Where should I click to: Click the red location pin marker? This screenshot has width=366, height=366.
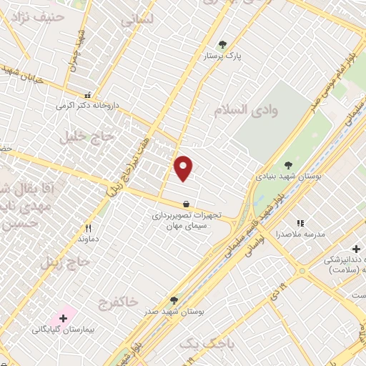point(184,167)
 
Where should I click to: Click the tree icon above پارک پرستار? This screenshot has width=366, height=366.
point(222,44)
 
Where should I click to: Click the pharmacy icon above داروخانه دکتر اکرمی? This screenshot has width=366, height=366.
point(88,94)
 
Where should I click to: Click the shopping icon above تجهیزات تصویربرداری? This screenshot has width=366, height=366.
point(186,203)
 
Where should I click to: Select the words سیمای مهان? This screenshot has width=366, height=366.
point(186,225)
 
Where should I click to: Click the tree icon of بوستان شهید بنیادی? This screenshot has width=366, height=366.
point(288,165)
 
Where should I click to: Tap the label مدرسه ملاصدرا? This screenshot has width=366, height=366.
point(301,234)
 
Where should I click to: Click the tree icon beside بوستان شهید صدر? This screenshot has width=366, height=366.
point(173,301)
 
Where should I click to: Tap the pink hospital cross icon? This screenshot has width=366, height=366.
point(63,318)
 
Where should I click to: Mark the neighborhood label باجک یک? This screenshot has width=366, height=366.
point(207,344)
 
